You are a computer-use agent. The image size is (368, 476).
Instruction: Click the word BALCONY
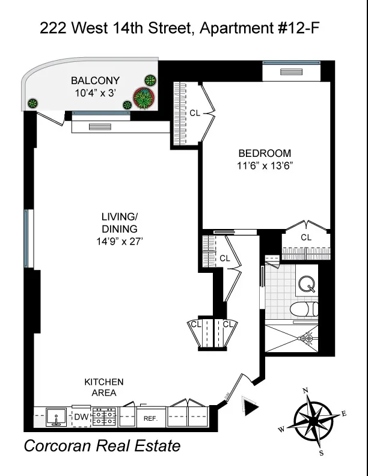[95, 81]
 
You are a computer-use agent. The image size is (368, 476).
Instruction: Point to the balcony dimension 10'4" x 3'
[95, 93]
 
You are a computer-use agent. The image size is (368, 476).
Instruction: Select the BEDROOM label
[265, 153]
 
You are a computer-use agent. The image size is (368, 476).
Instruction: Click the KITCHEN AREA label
[103, 388]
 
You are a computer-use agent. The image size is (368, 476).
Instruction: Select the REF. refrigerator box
[150, 418]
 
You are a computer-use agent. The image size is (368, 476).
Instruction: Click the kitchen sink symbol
[58, 416]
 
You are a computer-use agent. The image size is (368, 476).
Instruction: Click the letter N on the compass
[306, 391]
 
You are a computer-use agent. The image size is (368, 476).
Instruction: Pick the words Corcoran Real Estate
[102, 447]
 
